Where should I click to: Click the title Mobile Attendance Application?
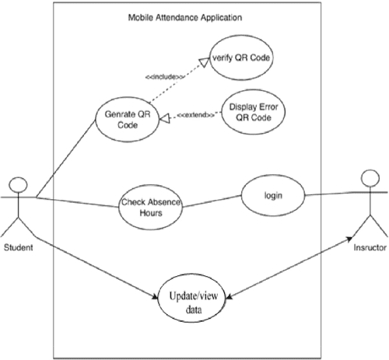(x=183, y=16)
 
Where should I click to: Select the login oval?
(x=272, y=197)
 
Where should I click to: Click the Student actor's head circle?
(x=19, y=185)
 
